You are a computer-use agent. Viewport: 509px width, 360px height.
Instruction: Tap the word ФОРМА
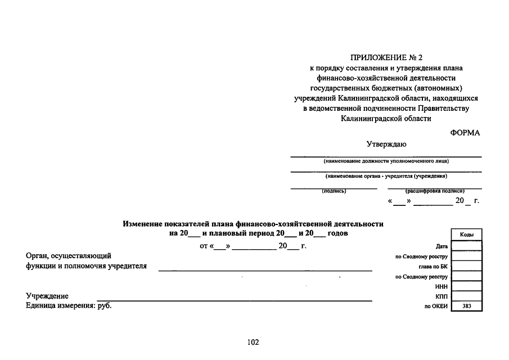(465, 133)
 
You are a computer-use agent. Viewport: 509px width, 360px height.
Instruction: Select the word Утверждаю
(386, 144)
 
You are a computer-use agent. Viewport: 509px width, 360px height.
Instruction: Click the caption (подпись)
(334, 191)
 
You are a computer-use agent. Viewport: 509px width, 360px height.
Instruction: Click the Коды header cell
(466, 235)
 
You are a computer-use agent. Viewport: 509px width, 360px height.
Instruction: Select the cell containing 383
(466, 307)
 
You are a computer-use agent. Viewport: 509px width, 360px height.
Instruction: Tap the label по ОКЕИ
(436, 307)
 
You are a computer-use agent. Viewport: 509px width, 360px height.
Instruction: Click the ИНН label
(441, 286)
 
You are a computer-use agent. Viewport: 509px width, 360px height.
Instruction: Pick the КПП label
(441, 296)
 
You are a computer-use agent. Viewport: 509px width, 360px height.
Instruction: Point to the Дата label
(442, 246)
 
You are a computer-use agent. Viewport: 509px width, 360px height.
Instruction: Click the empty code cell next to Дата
(466, 246)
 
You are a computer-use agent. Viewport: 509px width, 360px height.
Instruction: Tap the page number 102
(253, 342)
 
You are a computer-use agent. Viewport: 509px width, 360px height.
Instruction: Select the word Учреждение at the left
(47, 296)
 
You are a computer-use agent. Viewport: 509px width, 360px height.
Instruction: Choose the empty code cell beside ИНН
(466, 286)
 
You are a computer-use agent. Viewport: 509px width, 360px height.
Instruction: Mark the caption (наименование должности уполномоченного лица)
(386, 161)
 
